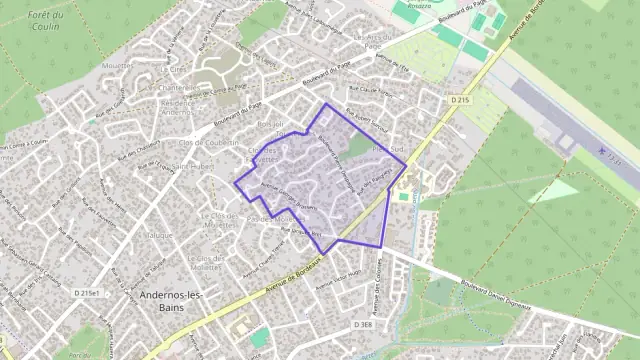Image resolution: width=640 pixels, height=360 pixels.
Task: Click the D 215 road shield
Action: click(x=460, y=100)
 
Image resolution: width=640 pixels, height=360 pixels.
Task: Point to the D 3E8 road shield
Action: click(x=362, y=325)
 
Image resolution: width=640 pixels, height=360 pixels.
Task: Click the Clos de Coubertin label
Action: click(x=207, y=143)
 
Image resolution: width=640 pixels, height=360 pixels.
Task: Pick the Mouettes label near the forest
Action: click(x=118, y=65)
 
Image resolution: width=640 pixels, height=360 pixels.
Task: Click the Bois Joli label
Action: click(x=271, y=124)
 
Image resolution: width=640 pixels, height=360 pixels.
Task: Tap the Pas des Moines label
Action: click(x=270, y=217)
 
